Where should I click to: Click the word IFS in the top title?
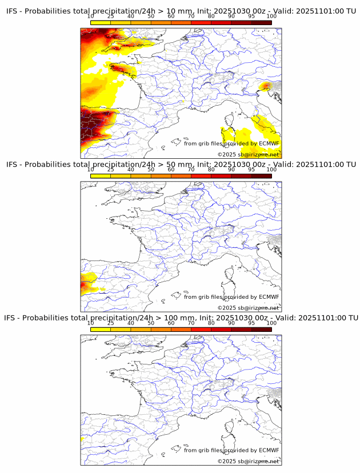pyautogui.click(x=13, y=11)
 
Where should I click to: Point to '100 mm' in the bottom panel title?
pyautogui.click(x=179, y=318)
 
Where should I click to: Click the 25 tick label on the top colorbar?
pyautogui.click(x=110, y=17)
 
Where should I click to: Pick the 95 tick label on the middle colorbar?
pyautogui.click(x=251, y=170)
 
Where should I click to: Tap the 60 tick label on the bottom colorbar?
pyautogui.click(x=171, y=323)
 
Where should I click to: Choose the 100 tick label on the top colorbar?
pyautogui.click(x=271, y=17)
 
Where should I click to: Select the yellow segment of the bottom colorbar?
pyautogui.click(x=101, y=329)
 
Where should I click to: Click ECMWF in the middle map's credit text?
pyautogui.click(x=269, y=297)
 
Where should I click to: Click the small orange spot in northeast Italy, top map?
pyautogui.click(x=265, y=86)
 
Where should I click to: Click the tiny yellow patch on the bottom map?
pyautogui.click(x=82, y=439)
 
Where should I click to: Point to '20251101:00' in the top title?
pyautogui.click(x=321, y=11)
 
